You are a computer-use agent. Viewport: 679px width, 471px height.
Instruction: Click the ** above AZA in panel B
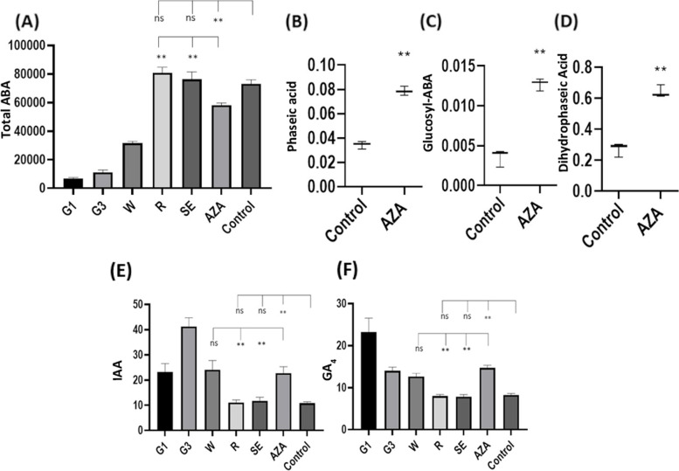point(404,55)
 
